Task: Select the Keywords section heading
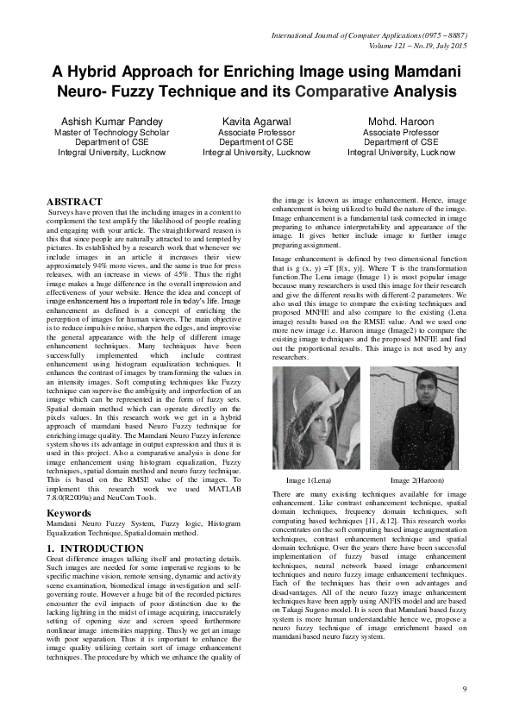tap(70, 513)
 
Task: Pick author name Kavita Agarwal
tap(256, 121)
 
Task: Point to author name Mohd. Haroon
tap(401, 121)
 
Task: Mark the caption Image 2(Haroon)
tap(418, 479)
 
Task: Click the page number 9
tap(465, 689)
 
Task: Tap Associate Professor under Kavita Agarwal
tap(256, 133)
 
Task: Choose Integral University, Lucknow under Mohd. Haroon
tap(401, 152)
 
